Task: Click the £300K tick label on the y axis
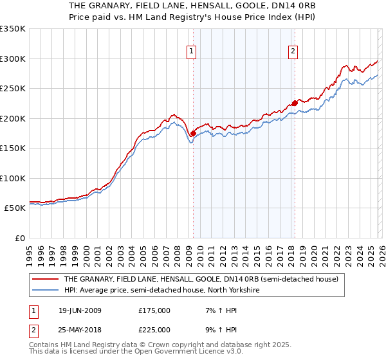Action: point(13,59)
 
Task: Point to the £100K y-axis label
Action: point(13,178)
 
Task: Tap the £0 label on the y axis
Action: point(19,238)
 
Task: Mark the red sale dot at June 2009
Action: point(193,133)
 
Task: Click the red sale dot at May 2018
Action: point(295,103)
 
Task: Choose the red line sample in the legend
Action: point(45,280)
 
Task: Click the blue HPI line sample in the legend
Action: point(45,291)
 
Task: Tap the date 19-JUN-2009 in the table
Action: point(80,310)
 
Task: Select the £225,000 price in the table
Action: point(154,329)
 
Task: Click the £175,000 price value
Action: point(154,310)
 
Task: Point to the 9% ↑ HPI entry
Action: point(217,329)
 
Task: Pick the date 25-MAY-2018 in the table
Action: point(80,329)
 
